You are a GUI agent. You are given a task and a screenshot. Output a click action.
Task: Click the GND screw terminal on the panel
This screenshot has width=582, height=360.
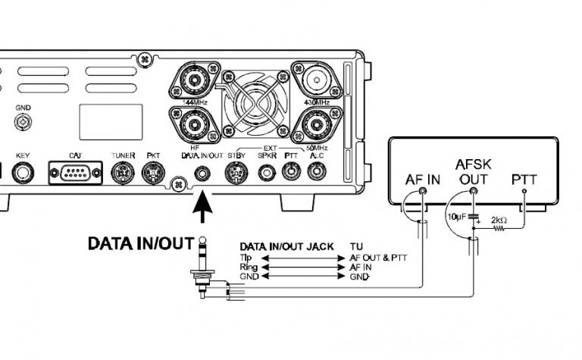tap(24, 121)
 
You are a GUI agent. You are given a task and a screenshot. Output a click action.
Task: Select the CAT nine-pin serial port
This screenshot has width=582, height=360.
tap(75, 173)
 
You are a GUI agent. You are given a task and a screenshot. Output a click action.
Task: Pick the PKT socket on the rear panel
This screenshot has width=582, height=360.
tap(152, 174)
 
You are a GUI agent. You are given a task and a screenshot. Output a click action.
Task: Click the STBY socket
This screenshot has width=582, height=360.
tap(236, 174)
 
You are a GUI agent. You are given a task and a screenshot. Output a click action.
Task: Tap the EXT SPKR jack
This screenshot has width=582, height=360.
tap(266, 173)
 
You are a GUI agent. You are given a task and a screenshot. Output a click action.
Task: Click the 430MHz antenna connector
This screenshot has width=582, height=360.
tap(322, 80)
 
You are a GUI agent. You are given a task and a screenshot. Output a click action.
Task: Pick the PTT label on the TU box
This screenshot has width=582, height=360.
tap(525, 180)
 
